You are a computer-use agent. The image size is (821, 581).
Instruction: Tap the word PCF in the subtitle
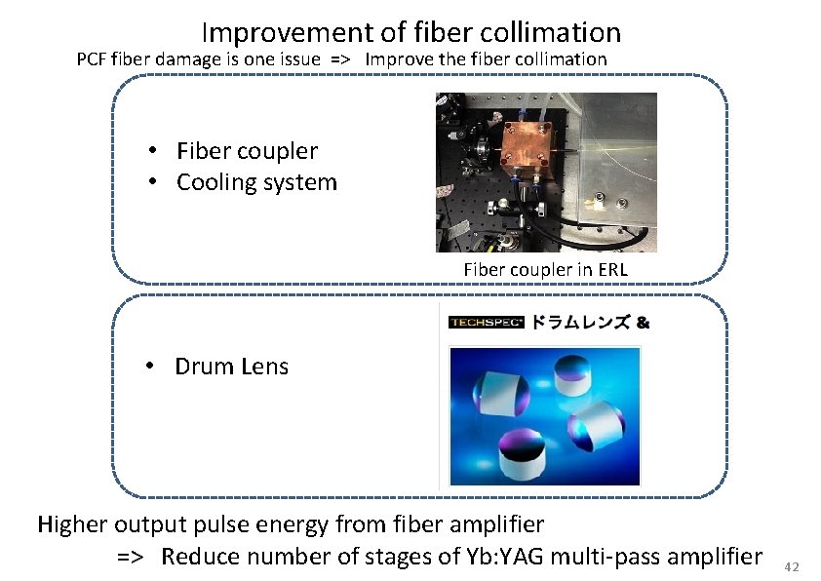coord(93,58)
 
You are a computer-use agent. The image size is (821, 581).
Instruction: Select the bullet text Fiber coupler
coord(247,150)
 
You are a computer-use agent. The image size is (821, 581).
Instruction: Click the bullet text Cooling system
coord(256,182)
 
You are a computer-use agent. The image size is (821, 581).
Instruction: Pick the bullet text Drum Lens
coord(231,367)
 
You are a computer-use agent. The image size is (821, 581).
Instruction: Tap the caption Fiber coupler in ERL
coord(546,268)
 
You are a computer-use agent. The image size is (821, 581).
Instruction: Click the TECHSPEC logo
coord(487,322)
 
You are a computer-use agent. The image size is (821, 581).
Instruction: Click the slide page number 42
coord(792,567)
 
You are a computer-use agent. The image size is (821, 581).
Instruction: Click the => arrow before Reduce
coord(133,557)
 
